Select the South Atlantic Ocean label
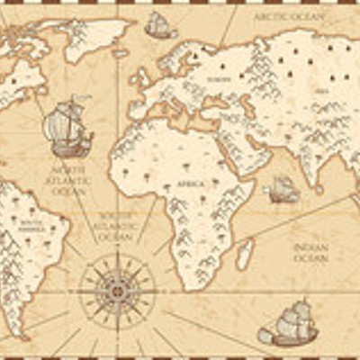coord(117,224)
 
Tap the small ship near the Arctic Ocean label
coord(160,25)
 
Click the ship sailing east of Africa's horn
coord(283,189)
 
